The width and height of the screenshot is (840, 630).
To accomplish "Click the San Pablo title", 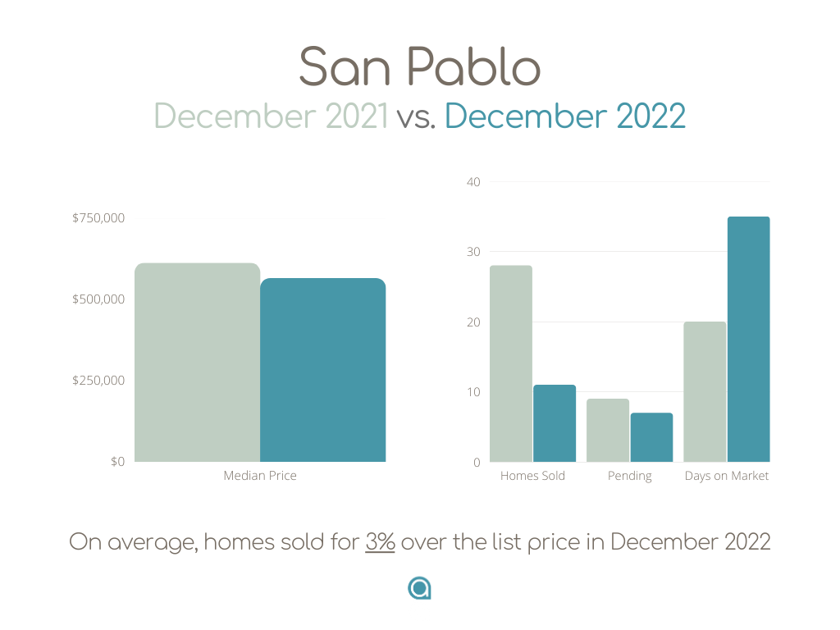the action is (x=419, y=66).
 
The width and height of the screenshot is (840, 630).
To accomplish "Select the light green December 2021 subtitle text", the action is (x=271, y=116).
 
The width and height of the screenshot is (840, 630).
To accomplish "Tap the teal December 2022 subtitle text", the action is (x=565, y=116).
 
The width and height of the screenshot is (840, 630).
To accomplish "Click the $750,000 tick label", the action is (x=98, y=218).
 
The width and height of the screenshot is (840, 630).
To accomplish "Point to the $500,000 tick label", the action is (x=98, y=299).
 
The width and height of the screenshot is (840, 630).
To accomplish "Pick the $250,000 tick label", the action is (x=98, y=381).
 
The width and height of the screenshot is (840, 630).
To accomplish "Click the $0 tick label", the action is (x=118, y=462).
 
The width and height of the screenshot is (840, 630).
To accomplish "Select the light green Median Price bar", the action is (x=197, y=362).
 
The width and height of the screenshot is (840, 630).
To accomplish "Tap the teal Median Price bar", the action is (x=323, y=370).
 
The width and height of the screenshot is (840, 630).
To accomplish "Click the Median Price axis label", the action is (x=260, y=476).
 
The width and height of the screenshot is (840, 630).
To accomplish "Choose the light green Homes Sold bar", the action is (x=511, y=363).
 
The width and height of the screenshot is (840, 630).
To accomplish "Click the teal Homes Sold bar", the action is (x=555, y=423).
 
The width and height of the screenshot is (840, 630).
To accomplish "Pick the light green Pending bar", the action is (x=608, y=430).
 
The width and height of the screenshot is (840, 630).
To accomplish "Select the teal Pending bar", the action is (x=652, y=437).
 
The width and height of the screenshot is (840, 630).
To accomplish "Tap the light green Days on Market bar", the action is (x=705, y=391).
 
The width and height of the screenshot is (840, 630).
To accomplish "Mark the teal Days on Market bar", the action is (x=749, y=339).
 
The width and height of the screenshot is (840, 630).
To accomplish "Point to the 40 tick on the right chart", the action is (x=473, y=182).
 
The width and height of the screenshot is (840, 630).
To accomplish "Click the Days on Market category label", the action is (x=727, y=476).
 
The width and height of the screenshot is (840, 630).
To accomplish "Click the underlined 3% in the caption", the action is (x=381, y=541).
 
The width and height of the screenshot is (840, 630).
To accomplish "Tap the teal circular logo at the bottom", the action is (x=419, y=588).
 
